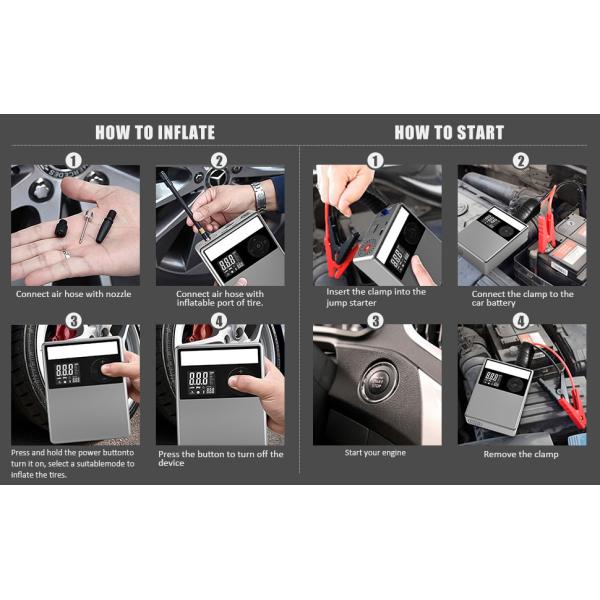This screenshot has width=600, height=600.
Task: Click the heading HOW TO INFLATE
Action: click(x=155, y=132)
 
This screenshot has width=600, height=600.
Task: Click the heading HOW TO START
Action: click(x=449, y=132)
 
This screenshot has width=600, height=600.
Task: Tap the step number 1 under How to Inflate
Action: click(x=74, y=161)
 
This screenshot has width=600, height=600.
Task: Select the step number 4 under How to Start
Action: click(x=521, y=321)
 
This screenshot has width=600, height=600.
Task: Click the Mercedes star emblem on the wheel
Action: click(x=217, y=177)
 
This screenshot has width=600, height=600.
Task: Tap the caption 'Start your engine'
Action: click(x=375, y=453)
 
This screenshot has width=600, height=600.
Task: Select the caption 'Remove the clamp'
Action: click(x=521, y=454)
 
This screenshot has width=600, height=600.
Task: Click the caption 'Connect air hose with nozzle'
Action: click(x=73, y=294)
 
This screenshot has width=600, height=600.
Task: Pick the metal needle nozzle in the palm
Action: click(x=86, y=227)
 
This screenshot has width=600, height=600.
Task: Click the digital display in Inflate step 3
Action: click(x=68, y=373)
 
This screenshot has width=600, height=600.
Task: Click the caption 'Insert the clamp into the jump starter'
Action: click(x=376, y=297)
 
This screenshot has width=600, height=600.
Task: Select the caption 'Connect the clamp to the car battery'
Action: click(x=522, y=298)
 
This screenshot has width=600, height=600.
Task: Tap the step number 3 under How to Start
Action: click(x=376, y=321)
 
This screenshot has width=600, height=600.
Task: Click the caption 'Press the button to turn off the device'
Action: click(x=221, y=458)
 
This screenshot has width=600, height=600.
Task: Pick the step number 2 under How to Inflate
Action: click(x=219, y=161)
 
